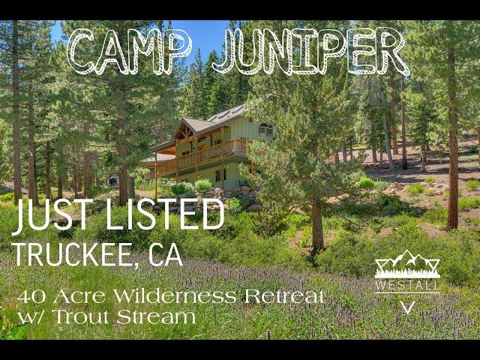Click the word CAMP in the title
click(x=130, y=52)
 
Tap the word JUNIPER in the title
click(x=311, y=52)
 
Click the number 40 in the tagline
click(x=31, y=297)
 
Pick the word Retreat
click(x=284, y=296)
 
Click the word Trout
click(x=81, y=317)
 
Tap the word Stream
click(x=156, y=317)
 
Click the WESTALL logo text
click(x=407, y=285)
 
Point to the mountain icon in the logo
click(x=407, y=263)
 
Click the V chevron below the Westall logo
click(x=408, y=307)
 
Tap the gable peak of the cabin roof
click(x=184, y=119)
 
